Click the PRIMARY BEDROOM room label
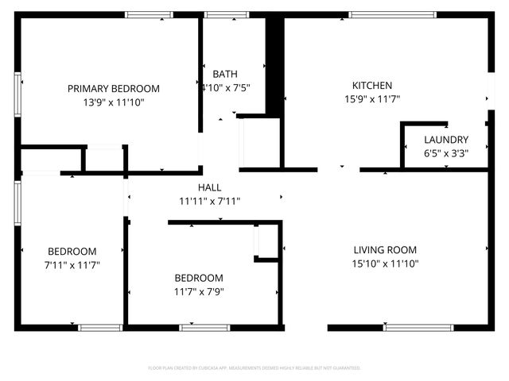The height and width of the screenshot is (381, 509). click(113, 89)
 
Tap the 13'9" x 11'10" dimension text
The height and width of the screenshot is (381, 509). click(113, 102)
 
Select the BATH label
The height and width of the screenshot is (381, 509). click(224, 74)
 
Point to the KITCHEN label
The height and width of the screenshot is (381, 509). click(372, 86)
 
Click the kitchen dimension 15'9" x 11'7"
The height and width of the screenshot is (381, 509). click(372, 99)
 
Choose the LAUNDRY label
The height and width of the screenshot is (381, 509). click(446, 140)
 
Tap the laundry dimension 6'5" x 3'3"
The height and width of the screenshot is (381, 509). click(446, 153)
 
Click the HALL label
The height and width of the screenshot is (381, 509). click(210, 187)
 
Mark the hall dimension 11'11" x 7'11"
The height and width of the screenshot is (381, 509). click(210, 201)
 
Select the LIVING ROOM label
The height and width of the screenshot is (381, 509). click(385, 250)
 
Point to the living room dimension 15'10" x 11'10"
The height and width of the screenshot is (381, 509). click(385, 264)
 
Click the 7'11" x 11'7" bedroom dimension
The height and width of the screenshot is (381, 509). click(72, 264)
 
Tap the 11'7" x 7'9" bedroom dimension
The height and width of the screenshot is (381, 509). click(199, 291)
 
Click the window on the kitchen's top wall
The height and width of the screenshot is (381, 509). click(392, 14)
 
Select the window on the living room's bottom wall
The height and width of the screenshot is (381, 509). click(418, 327)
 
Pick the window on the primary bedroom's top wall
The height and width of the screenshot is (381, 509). click(150, 14)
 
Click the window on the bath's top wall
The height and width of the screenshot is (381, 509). click(227, 14)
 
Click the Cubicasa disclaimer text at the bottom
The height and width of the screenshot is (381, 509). click(254, 368)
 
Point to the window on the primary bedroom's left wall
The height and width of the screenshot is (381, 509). click(17, 94)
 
